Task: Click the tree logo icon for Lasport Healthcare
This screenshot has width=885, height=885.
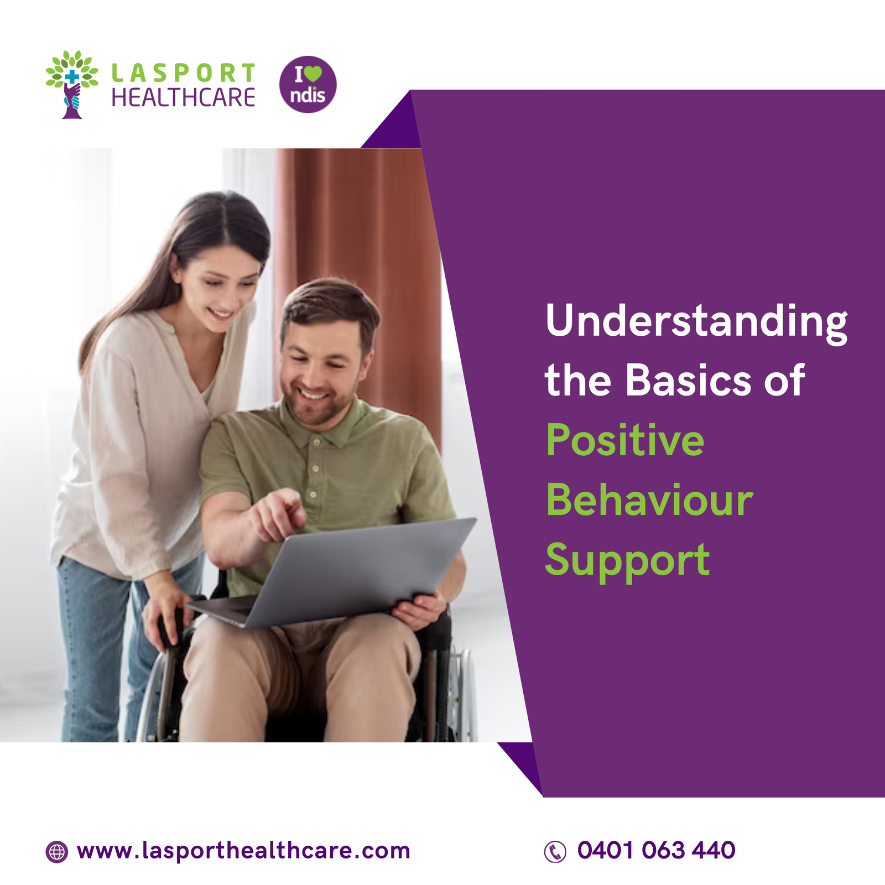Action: point(72,85)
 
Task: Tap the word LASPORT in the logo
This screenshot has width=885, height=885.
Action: point(184,73)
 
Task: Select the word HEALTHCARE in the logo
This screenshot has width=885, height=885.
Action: point(184,98)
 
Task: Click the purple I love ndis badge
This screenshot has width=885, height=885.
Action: point(308,85)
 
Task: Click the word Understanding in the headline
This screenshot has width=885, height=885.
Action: point(696,322)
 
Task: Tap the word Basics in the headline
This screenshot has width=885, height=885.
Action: point(688,381)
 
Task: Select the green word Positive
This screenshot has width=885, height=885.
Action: point(625,440)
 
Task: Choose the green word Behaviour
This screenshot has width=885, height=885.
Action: point(649,499)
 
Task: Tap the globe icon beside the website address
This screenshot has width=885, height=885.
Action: point(56,852)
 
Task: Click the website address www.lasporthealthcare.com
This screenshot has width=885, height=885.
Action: point(243,851)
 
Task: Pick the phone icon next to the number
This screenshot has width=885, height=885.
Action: point(555,852)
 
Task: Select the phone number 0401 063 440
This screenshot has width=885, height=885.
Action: point(656,850)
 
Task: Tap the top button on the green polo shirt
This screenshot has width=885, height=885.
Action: point(316,442)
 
